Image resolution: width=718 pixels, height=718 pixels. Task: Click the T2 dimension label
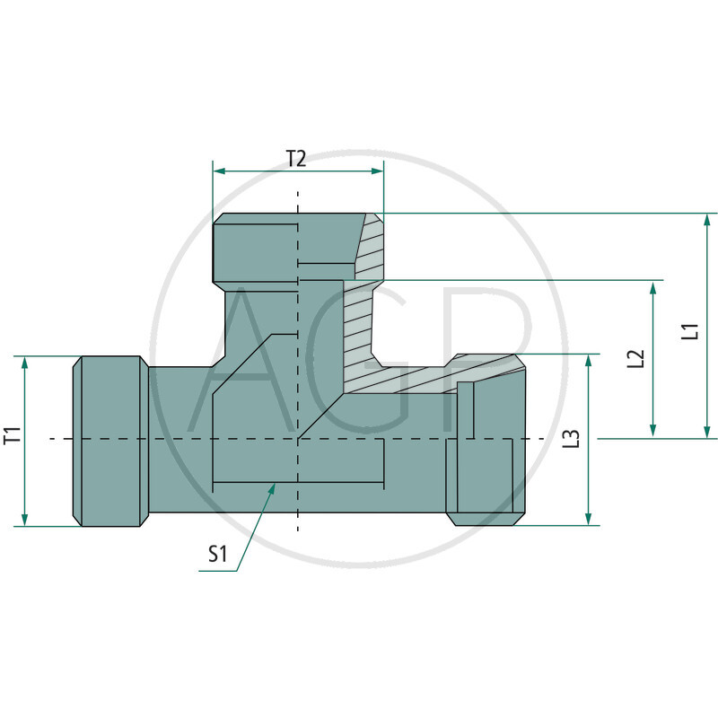(x=296, y=159)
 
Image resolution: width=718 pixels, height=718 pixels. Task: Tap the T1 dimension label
(x=12, y=437)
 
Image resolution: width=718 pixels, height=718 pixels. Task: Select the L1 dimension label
(x=689, y=330)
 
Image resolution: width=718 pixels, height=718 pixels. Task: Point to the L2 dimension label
(x=636, y=359)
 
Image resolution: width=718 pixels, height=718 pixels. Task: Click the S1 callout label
(x=218, y=555)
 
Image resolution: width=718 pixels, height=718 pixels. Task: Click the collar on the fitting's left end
(x=109, y=440)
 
